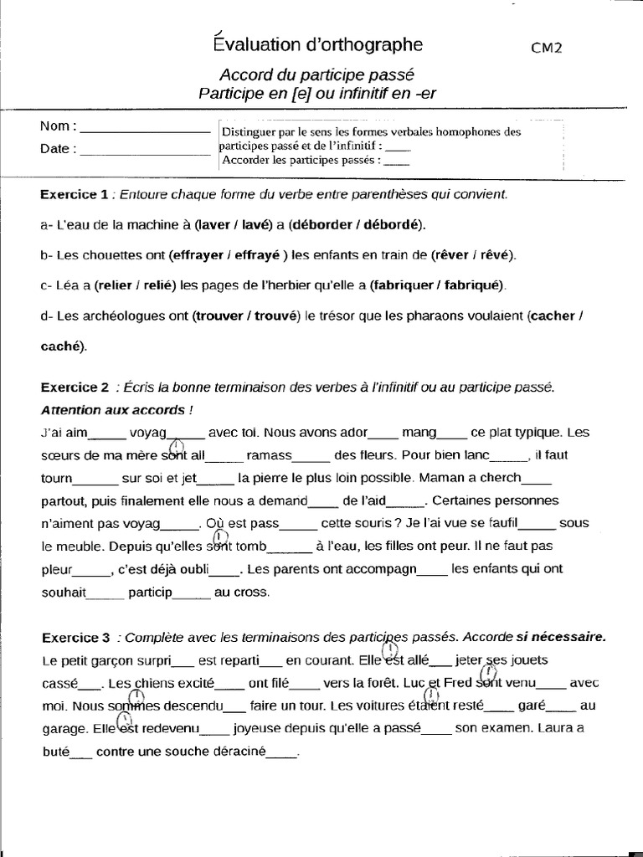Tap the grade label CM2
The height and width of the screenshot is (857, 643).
click(546, 48)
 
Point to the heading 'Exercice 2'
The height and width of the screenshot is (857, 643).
click(75, 387)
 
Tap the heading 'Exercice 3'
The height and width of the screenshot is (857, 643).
click(75, 637)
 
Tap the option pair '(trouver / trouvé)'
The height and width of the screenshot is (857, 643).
click(245, 316)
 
